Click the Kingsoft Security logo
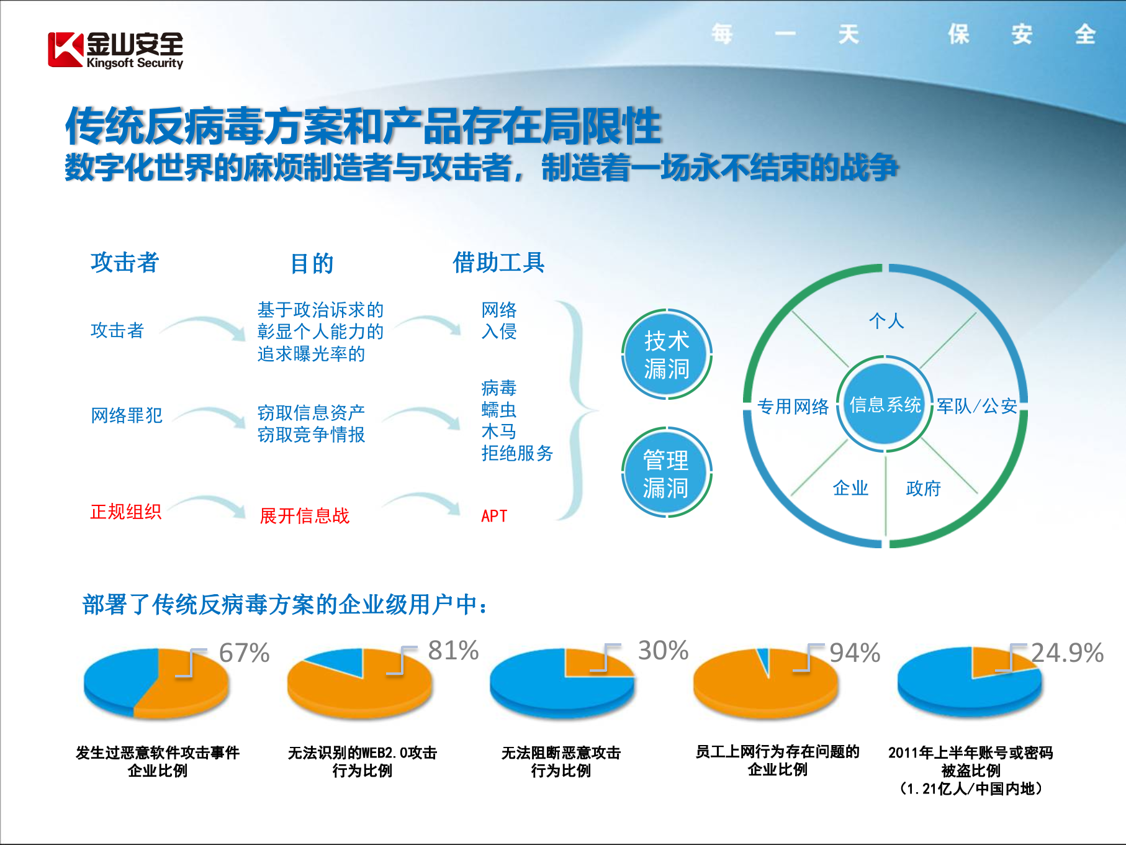click(x=115, y=50)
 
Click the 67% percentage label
click(x=244, y=653)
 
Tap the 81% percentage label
click(x=453, y=651)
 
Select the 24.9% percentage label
click(x=1066, y=653)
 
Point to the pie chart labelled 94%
click(x=765, y=683)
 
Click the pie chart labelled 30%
click(x=562, y=683)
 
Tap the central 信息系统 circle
click(x=885, y=405)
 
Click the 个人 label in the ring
click(x=886, y=321)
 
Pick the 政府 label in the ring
click(x=923, y=489)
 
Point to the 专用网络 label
click(x=793, y=407)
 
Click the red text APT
click(x=494, y=516)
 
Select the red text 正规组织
click(x=126, y=512)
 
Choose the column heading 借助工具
click(x=498, y=263)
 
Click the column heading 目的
click(x=312, y=264)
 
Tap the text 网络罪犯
click(x=127, y=415)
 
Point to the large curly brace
click(x=577, y=410)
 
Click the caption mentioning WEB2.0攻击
click(x=362, y=761)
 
